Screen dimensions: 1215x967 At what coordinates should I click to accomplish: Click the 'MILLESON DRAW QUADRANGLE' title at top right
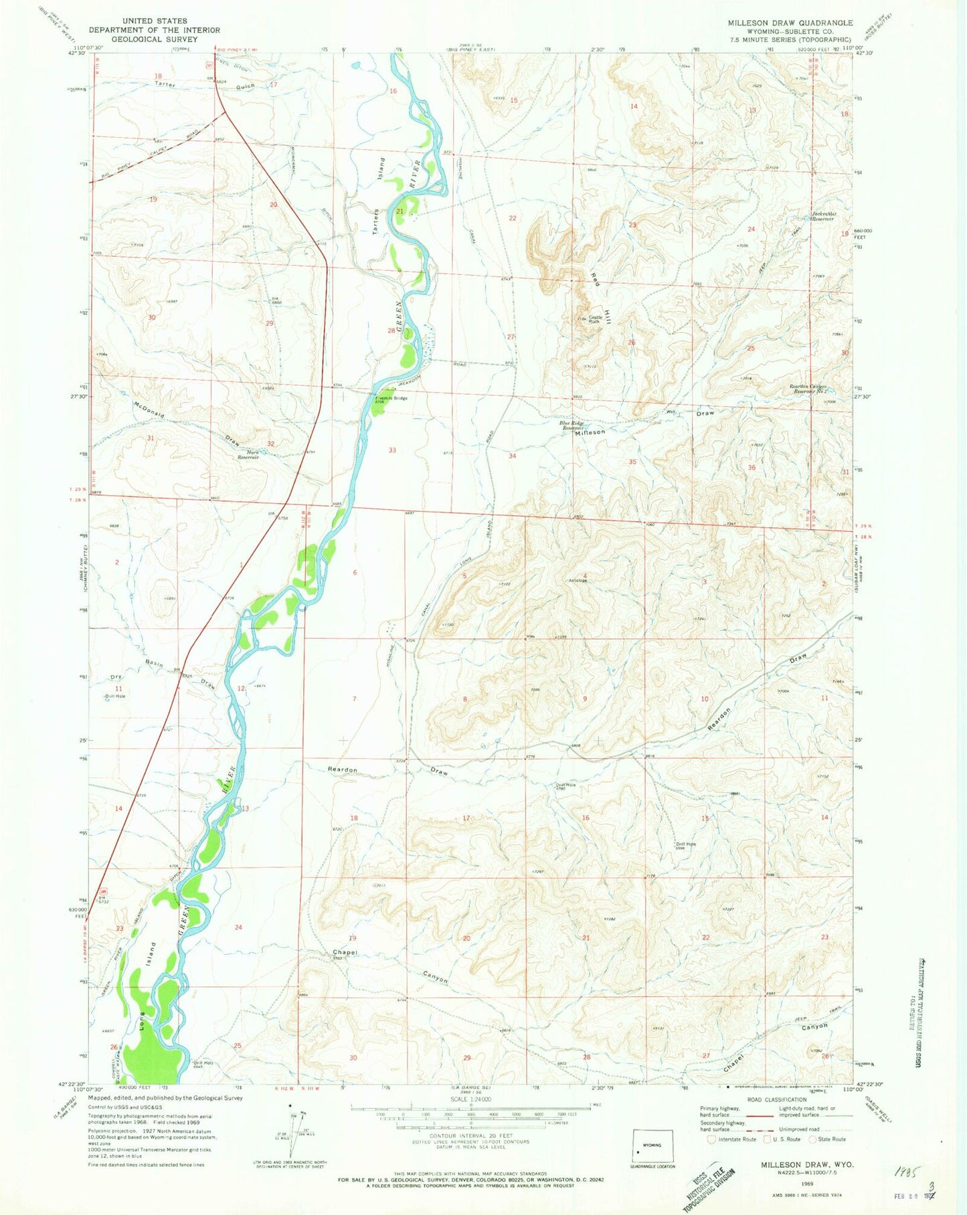click(790, 23)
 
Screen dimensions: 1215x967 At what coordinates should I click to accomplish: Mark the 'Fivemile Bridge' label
click(393, 398)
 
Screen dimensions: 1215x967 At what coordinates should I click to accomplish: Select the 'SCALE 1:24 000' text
click(470, 1099)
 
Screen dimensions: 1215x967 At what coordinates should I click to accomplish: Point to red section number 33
click(392, 450)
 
